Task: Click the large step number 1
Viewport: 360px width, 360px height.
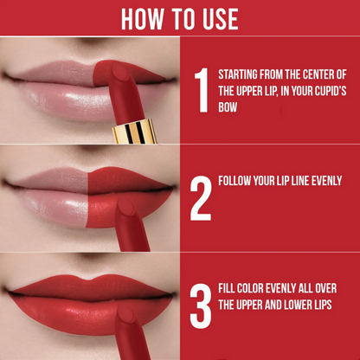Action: [202, 90]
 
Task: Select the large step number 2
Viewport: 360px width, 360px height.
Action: [201, 198]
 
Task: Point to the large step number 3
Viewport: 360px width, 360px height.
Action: [201, 306]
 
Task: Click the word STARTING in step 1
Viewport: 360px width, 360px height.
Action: [238, 74]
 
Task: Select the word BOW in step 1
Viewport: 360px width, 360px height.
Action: [228, 107]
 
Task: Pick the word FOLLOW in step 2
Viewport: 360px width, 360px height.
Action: [235, 181]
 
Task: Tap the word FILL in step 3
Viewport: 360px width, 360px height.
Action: [225, 288]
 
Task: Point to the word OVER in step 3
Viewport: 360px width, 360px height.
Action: [325, 288]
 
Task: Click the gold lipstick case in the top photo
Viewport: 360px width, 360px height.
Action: [135, 131]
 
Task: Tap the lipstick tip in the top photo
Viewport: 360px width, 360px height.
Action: [120, 71]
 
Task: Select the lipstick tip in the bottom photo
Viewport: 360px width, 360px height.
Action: [125, 313]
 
